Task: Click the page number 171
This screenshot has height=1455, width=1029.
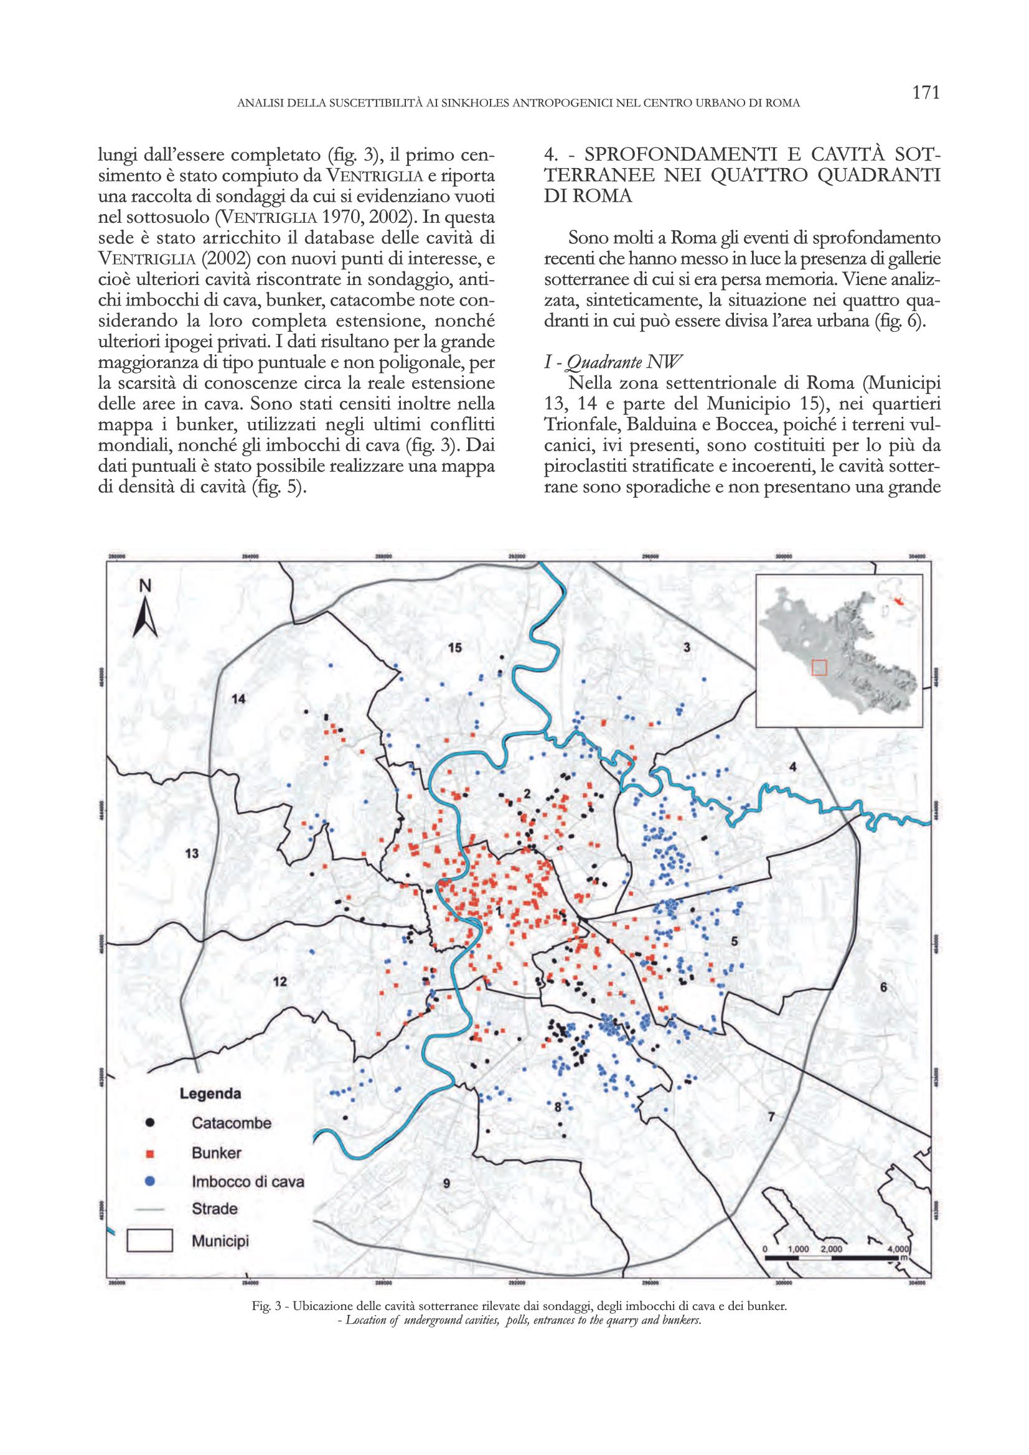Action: tap(924, 93)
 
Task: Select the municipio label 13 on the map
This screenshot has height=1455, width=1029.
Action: tap(192, 854)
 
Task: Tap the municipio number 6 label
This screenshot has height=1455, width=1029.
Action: tap(883, 1004)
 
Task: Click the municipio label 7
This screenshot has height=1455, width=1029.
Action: tap(771, 1117)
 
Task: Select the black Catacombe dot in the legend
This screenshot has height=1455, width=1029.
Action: tap(150, 1123)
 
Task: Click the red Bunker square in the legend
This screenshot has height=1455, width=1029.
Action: tap(150, 1152)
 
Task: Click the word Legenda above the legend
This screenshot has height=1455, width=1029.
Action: tap(210, 1094)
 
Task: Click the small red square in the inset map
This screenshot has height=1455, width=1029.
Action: tap(820, 668)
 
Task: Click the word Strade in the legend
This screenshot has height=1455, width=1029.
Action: tap(215, 1209)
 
